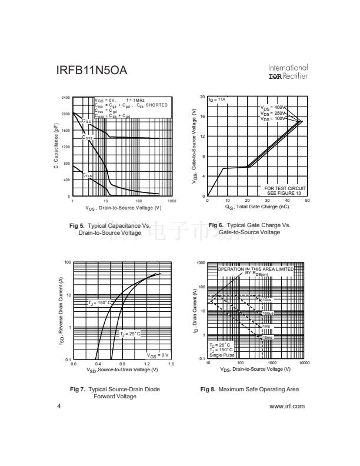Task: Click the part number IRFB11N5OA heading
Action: click(x=91, y=72)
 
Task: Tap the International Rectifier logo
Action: click(x=288, y=72)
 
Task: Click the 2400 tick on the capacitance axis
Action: click(x=65, y=97)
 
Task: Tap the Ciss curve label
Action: click(x=86, y=121)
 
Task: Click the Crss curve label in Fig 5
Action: click(x=86, y=175)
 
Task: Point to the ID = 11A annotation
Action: click(x=218, y=100)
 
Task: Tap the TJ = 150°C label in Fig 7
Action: click(x=98, y=302)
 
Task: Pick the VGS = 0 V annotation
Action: click(x=158, y=355)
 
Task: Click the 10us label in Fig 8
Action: click(x=268, y=301)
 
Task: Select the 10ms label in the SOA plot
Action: click(x=268, y=337)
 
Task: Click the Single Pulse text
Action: click(x=222, y=355)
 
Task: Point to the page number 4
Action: click(x=59, y=407)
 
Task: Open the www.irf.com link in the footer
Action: click(x=286, y=407)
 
